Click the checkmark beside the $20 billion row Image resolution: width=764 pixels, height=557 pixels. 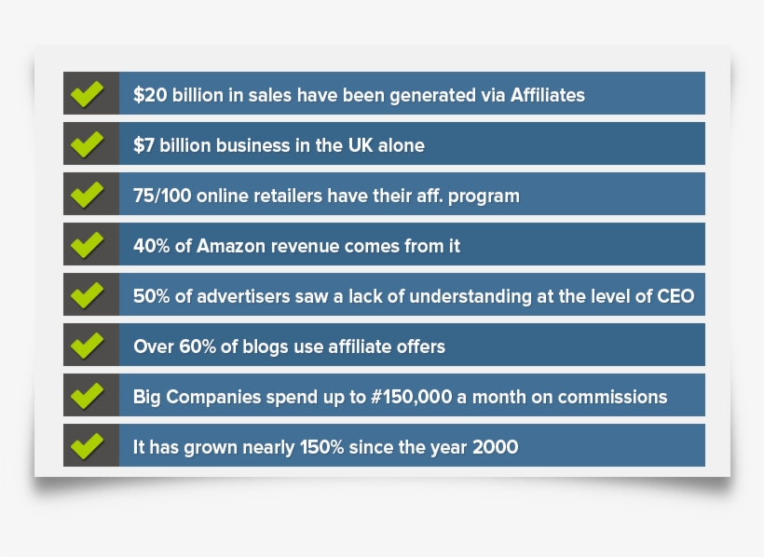click(x=87, y=94)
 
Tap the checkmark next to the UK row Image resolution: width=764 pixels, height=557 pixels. click(x=87, y=144)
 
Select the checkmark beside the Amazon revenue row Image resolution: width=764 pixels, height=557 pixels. click(x=87, y=245)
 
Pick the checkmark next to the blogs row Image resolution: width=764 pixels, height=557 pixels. click(x=87, y=346)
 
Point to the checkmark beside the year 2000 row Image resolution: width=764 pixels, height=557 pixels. click(x=87, y=446)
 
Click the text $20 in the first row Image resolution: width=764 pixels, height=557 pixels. click(x=149, y=95)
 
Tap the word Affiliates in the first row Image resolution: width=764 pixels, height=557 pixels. click(x=547, y=95)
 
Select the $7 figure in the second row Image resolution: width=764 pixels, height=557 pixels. click(x=143, y=145)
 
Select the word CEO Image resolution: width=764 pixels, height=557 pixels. click(x=674, y=296)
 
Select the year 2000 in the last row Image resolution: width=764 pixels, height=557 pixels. click(x=495, y=447)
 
